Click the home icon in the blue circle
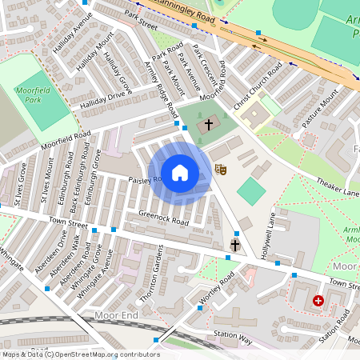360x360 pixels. [180, 172]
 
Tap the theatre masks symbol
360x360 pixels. [222, 169]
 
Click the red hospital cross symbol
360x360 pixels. [318, 301]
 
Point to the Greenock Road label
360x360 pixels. [163, 215]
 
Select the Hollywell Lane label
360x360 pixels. [271, 233]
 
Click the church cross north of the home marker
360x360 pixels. [209, 124]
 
